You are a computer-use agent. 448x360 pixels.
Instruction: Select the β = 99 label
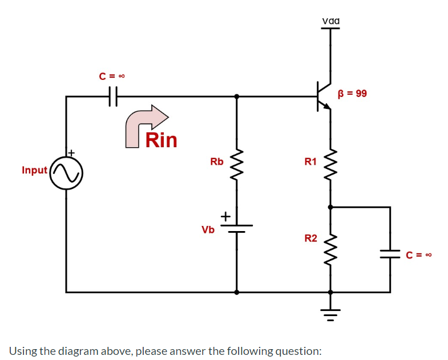(352, 93)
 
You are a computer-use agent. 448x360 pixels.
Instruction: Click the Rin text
(162, 140)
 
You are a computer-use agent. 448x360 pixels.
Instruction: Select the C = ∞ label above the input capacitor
(111, 75)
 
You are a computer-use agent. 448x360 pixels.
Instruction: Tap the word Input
(34, 170)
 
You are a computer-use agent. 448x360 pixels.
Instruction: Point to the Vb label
(208, 230)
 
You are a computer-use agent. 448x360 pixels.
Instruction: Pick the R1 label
(310, 161)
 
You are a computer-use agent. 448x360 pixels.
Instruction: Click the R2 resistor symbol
(330, 246)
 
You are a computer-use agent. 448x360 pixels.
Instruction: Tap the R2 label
(310, 237)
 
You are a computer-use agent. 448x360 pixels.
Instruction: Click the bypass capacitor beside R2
(390, 254)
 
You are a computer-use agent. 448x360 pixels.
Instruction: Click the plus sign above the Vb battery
(225, 216)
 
